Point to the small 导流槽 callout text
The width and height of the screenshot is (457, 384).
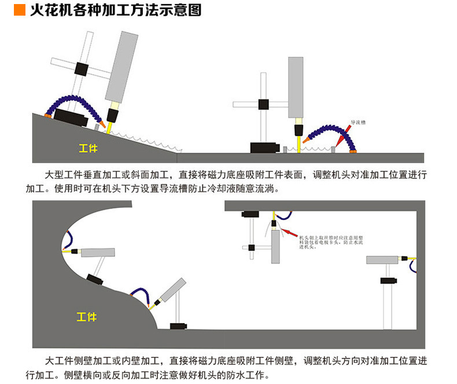pyautogui.click(x=359, y=123)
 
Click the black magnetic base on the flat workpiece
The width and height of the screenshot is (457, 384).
pyautogui.click(x=265, y=148)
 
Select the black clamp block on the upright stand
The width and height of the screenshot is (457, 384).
pyautogui.click(x=263, y=104)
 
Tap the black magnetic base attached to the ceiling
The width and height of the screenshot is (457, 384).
pyautogui.click(x=251, y=214)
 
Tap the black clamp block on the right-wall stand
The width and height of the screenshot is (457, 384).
pyautogui.click(x=388, y=281)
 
